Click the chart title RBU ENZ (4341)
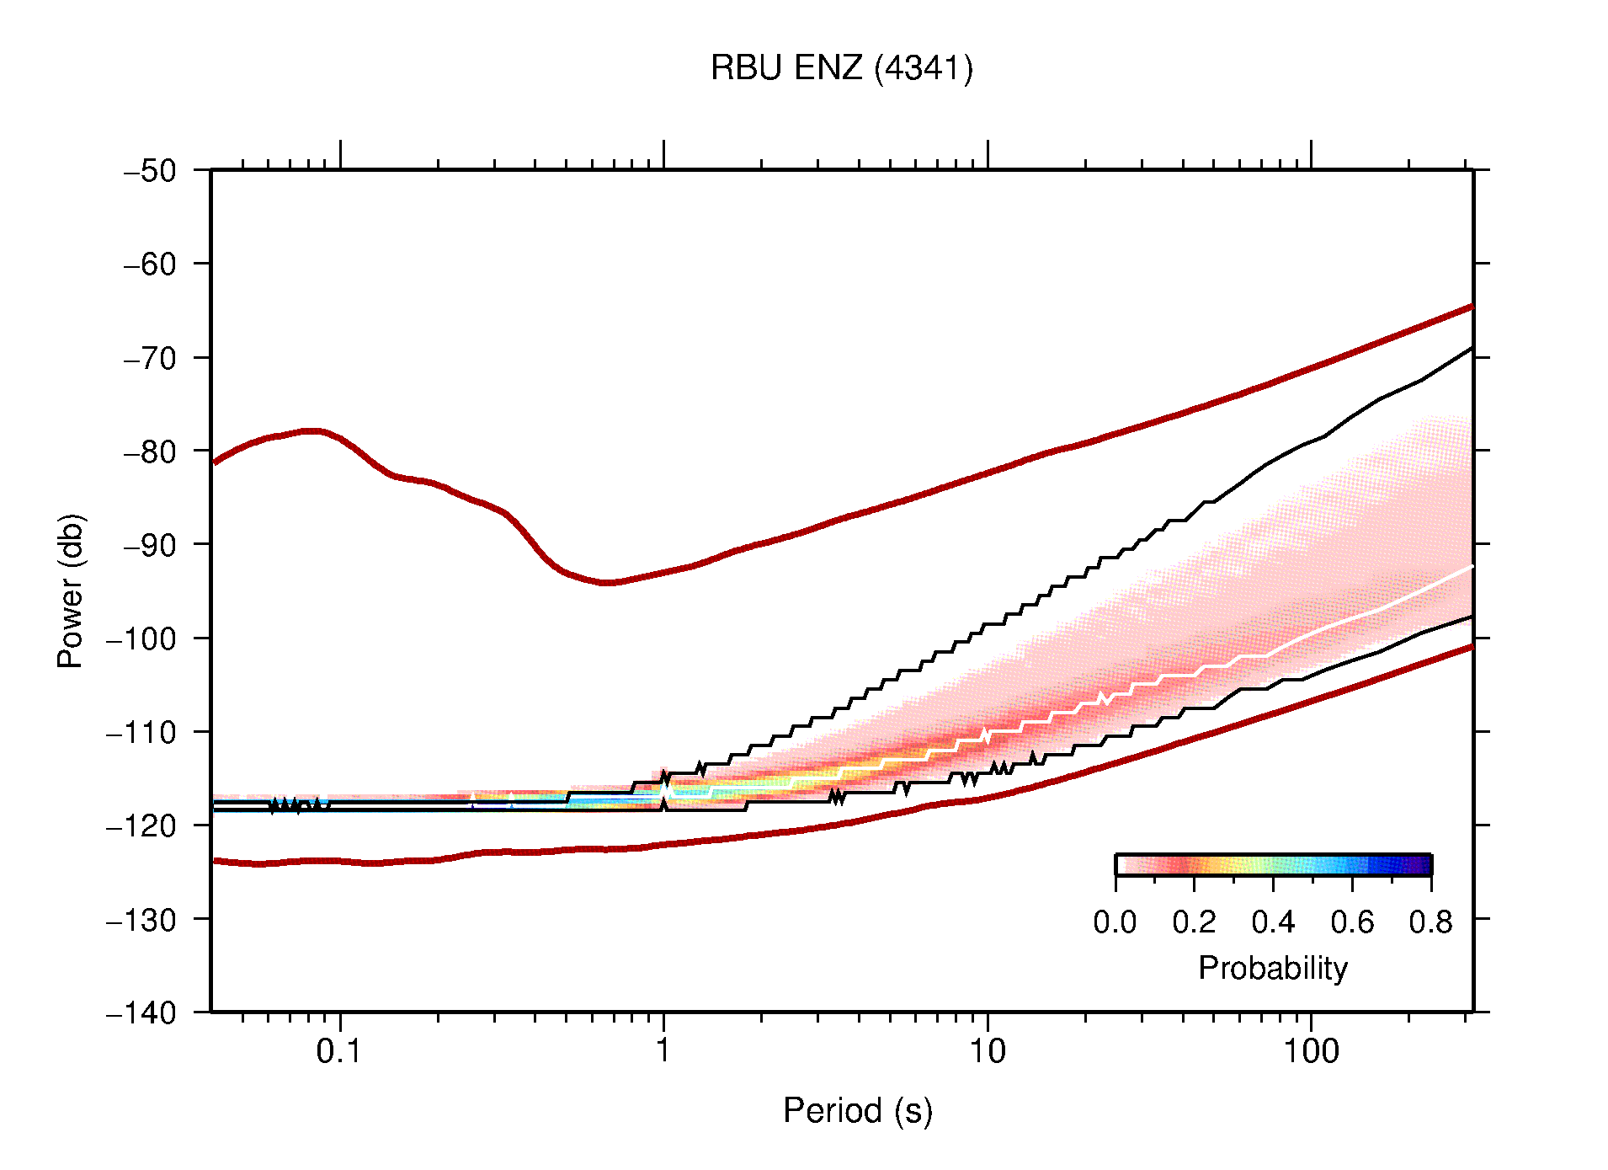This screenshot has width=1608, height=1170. coord(841,68)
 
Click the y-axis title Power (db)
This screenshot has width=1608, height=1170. coord(71,590)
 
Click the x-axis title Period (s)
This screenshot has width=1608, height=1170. coord(857,1110)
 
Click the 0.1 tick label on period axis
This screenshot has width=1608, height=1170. coord(339,1051)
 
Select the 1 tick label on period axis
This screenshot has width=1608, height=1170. coord(663,1051)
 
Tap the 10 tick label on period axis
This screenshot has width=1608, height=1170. coord(987,1051)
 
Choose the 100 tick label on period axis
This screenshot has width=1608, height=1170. coord(1310,1051)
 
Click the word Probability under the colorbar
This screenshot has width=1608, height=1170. coord(1272,968)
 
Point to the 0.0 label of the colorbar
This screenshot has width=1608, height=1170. coord(1115,922)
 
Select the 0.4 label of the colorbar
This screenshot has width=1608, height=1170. coord(1273,922)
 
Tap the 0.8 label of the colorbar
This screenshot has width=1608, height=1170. coord(1430,922)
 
